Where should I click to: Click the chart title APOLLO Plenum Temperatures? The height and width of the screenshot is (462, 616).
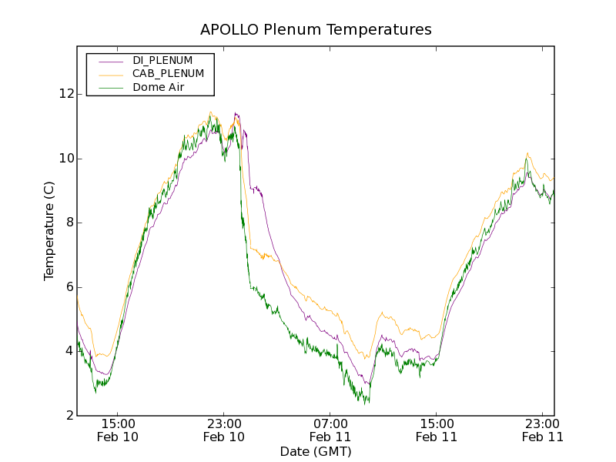tap(316, 30)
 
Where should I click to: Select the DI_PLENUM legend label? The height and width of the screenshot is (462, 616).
tap(162, 60)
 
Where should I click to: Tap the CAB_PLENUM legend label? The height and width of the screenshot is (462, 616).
tap(168, 74)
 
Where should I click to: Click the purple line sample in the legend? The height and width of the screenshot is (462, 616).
tap(111, 60)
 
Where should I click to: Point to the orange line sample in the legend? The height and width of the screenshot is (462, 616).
tap(111, 74)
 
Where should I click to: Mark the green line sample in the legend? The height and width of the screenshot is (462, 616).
tap(111, 88)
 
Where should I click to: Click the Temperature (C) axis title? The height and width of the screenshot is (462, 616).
tap(49, 231)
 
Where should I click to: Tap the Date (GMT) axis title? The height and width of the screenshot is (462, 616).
tap(316, 451)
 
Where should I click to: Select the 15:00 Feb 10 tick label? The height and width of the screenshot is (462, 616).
tap(118, 430)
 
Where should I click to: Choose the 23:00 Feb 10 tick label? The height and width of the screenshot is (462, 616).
tap(224, 430)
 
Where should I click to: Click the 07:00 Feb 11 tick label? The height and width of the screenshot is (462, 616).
tap(330, 430)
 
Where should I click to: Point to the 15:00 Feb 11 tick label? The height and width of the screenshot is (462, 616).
tap(437, 430)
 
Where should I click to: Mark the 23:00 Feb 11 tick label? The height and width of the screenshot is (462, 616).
tap(543, 430)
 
